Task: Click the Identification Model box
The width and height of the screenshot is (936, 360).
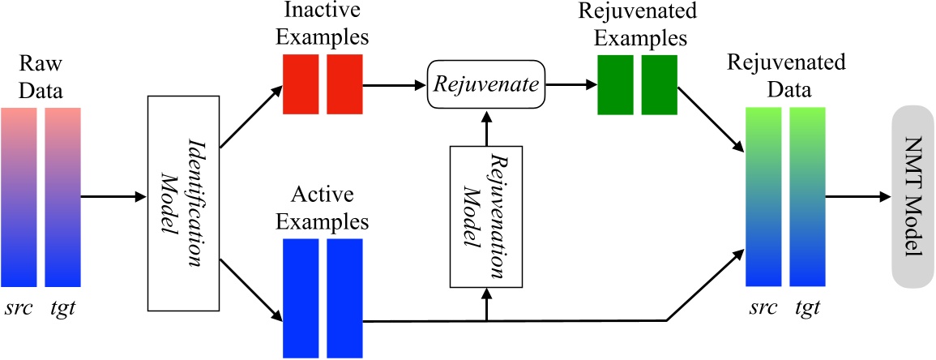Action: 184,204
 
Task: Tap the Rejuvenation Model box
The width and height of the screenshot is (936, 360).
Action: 485,217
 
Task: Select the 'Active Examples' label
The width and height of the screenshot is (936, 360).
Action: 322,210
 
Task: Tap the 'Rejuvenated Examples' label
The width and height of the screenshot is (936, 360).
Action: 636,26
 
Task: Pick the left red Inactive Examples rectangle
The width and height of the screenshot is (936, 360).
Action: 301,84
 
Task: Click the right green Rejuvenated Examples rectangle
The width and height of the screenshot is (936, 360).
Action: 658,84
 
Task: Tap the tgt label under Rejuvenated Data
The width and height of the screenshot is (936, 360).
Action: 806,308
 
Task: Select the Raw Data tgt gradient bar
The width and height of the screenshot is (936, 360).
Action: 62,197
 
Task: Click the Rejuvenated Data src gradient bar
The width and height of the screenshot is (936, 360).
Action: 763,197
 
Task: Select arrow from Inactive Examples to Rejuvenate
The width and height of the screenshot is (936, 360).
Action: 395,83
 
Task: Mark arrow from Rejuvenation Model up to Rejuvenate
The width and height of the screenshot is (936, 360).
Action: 485,127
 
